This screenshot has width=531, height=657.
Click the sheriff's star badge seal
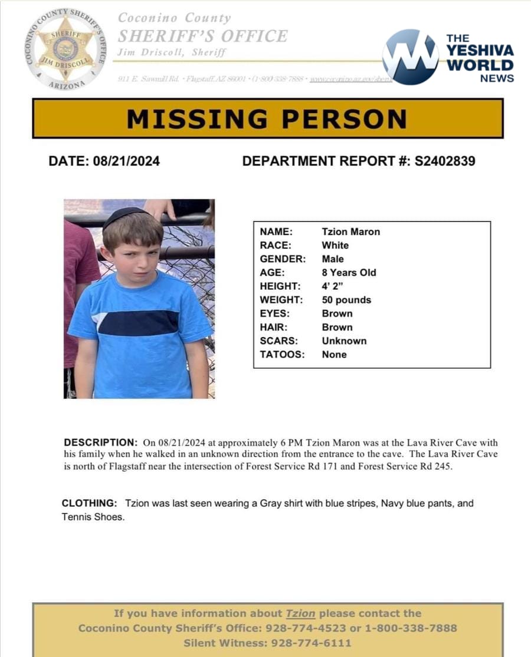(65, 48)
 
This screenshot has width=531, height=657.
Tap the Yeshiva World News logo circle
(411, 57)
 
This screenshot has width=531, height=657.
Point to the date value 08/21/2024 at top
(126, 161)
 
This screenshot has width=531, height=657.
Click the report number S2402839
(445, 161)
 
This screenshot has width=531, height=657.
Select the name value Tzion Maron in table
(350, 232)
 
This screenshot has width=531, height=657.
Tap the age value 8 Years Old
(349, 272)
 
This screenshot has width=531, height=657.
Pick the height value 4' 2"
(333, 286)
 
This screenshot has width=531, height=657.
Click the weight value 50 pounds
(346, 300)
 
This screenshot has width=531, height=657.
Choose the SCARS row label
(278, 341)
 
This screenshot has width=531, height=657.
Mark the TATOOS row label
(282, 354)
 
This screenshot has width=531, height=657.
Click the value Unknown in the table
(344, 341)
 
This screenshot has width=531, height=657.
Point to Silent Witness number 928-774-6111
(310, 643)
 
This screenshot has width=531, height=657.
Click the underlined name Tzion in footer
(300, 613)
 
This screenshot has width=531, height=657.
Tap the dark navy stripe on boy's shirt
(139, 323)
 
